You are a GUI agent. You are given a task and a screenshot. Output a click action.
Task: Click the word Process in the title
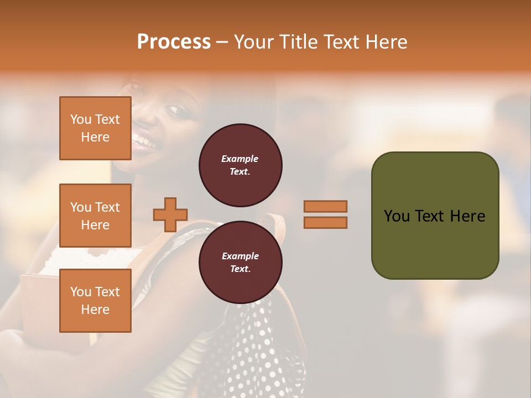tap(174, 42)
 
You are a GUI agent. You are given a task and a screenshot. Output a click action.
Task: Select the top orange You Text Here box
tap(95, 128)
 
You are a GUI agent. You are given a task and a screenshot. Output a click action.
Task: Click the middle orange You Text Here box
tap(95, 216)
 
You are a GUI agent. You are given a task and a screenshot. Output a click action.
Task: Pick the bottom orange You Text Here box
tap(95, 301)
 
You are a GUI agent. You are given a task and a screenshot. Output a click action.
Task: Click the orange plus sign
tap(170, 214)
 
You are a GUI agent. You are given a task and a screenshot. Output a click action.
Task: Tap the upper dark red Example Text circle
tap(240, 165)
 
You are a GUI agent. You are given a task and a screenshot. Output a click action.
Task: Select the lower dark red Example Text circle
tap(240, 263)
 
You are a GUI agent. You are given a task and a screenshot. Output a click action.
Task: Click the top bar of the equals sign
tap(325, 206)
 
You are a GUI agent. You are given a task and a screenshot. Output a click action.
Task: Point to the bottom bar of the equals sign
tap(325, 223)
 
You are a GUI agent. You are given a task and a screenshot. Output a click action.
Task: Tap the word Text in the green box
tap(431, 216)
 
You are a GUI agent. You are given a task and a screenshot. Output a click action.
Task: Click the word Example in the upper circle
tap(240, 159)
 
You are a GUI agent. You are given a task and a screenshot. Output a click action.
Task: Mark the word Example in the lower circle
tap(240, 256)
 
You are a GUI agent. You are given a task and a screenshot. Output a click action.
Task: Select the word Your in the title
tap(253, 42)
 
